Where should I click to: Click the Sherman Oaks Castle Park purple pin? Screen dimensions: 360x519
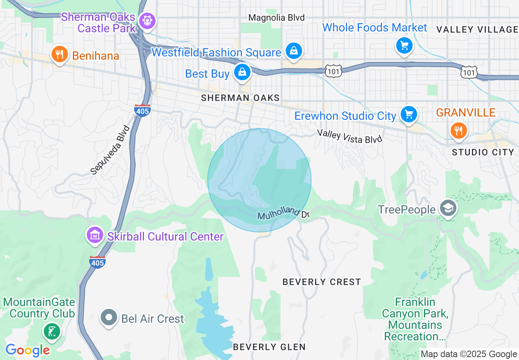tap(146, 20)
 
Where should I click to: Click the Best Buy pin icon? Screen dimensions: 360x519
tap(242, 72)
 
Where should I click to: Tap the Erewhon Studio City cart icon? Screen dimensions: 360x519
tap(408, 114)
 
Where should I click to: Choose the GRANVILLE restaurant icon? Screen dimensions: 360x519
tap(458, 131)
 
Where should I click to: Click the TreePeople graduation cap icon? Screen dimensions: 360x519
tap(448, 209)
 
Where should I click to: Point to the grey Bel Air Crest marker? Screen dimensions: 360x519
tap(109, 318)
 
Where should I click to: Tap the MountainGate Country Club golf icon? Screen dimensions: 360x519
tap(52, 331)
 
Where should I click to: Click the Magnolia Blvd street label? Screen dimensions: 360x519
tap(277, 18)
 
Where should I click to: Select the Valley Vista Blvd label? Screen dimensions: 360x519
tap(350, 136)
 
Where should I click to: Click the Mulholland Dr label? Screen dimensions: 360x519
tap(283, 212)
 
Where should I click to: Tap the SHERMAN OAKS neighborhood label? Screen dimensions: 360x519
tap(240, 98)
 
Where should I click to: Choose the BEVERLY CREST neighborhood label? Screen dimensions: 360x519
tap(322, 282)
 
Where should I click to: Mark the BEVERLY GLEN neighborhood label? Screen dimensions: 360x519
tap(269, 347)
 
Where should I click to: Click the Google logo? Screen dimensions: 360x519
tap(27, 350)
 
